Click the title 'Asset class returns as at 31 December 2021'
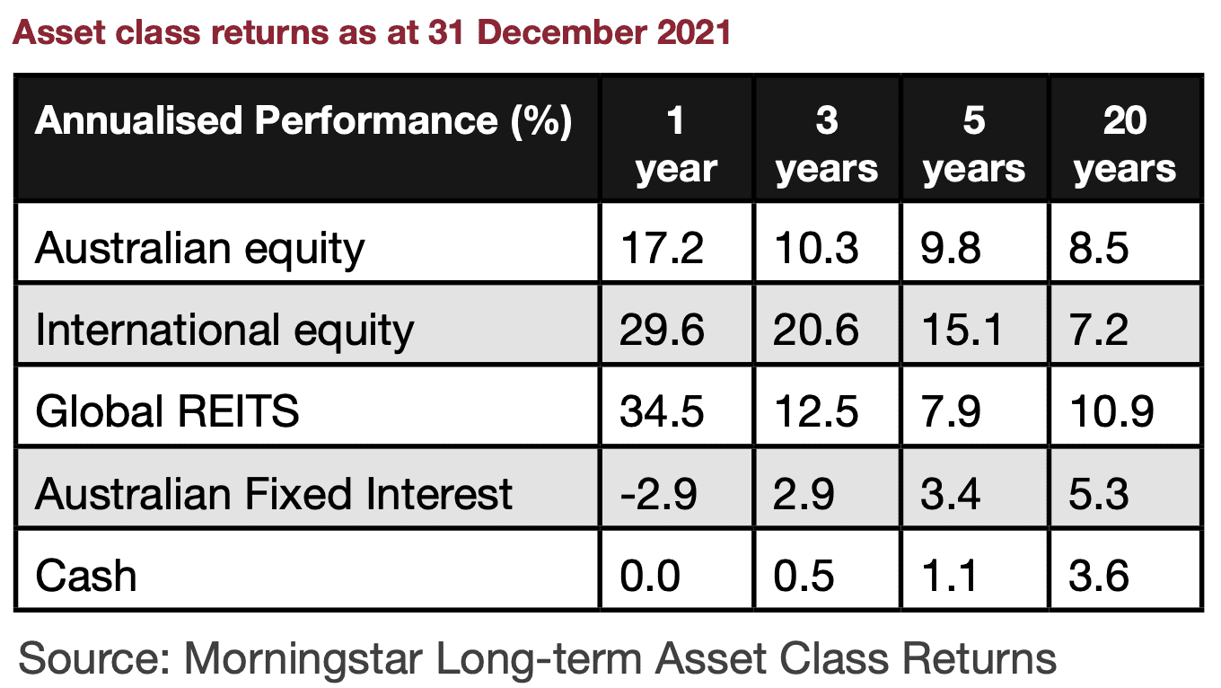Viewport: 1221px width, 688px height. click(371, 32)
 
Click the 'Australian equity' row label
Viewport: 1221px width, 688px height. click(199, 249)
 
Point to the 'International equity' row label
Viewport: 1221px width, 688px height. click(224, 331)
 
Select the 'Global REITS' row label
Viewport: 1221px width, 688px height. click(167, 411)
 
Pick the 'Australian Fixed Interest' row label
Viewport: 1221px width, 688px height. click(274, 494)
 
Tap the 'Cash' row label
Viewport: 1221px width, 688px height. click(86, 576)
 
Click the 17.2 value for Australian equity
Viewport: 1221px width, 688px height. click(662, 249)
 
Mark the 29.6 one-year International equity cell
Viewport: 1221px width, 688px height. click(662, 331)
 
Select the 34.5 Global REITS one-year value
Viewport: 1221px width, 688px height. click(662, 411)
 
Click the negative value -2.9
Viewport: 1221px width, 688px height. click(658, 494)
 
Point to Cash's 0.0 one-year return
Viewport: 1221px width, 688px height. click(650, 577)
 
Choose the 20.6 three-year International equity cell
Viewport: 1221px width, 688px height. click(815, 331)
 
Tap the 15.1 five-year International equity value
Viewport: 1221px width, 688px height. click(962, 331)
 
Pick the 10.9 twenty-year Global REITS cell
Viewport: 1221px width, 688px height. click(1112, 411)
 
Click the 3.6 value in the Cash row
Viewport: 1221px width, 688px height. click(1098, 577)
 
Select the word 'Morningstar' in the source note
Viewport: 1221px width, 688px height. click(303, 659)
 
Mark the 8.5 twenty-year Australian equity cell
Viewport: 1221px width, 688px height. click(1098, 249)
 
